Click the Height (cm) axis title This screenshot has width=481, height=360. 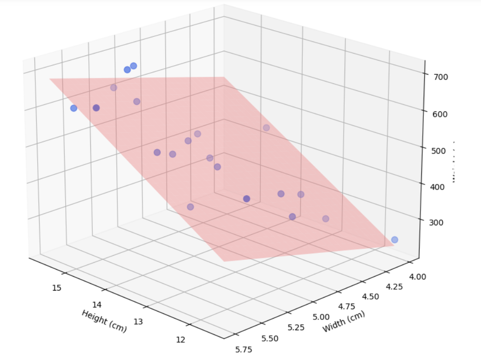[104, 321]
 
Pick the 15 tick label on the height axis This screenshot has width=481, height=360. [56, 288]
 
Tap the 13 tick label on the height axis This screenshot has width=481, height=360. [138, 321]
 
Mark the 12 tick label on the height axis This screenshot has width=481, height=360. [181, 339]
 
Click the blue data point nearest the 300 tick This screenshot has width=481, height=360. [394, 240]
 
